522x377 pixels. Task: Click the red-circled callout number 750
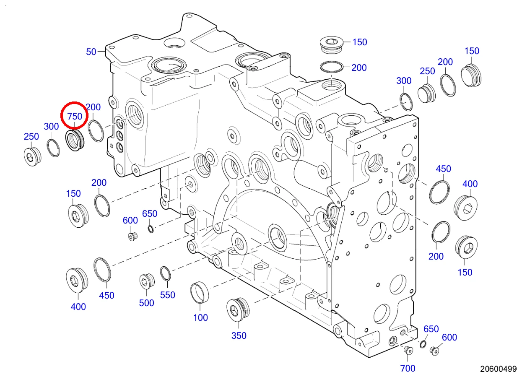pos(75,116)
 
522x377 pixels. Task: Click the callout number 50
pos(91,52)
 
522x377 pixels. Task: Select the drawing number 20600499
pos(498,369)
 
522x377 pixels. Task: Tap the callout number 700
pos(408,368)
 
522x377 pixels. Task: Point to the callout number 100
pos(200,317)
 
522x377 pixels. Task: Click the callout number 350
pos(239,335)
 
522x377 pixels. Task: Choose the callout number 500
pos(146,303)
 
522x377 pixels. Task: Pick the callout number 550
pos(167,295)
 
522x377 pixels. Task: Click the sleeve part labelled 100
pos(200,292)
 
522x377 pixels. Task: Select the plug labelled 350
pos(238,309)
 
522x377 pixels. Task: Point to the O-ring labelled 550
pos(165,274)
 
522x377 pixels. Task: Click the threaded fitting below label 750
pos(75,140)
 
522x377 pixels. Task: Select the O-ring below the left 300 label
pos(53,148)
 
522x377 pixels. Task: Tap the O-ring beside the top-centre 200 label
pos(332,68)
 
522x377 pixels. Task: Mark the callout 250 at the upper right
pos(427,71)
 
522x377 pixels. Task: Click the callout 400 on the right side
pos(470,184)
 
